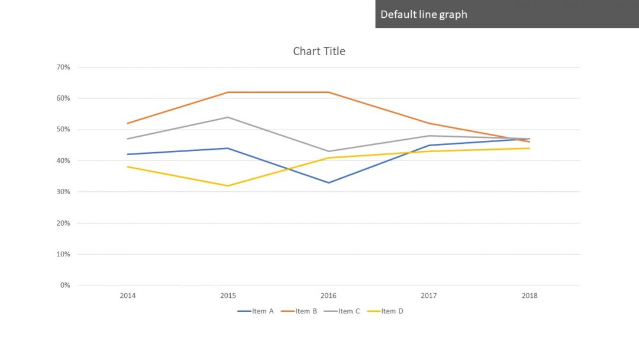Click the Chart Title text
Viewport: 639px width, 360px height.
click(319, 52)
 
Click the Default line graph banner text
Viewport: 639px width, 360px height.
click(424, 14)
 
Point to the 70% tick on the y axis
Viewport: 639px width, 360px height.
click(63, 67)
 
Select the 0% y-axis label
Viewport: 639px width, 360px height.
click(65, 285)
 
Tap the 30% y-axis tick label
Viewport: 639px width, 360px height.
click(63, 192)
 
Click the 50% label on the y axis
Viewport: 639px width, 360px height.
click(63, 130)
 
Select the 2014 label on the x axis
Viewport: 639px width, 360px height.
click(127, 295)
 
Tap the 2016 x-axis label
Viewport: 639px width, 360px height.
click(328, 295)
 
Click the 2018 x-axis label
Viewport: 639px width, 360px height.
click(530, 295)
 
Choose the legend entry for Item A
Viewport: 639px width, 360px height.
click(256, 311)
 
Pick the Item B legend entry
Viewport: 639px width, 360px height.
click(299, 311)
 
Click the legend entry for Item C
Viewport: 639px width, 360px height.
click(341, 311)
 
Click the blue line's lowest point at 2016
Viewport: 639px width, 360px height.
click(328, 182)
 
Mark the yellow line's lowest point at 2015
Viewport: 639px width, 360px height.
click(228, 186)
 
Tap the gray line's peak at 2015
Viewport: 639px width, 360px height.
click(228, 117)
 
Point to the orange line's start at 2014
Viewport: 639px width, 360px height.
click(127, 123)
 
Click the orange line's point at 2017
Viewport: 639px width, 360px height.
click(429, 123)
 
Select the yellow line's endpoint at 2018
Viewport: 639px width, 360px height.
click(530, 148)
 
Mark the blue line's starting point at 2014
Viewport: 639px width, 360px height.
click(127, 155)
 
